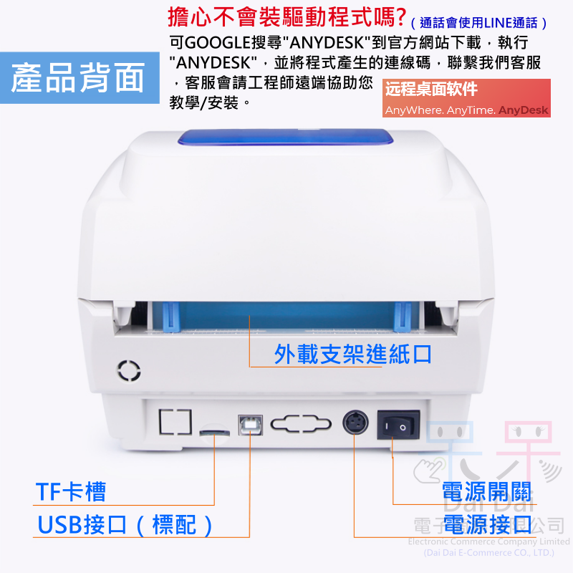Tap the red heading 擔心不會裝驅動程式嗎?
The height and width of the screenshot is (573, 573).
coord(286,15)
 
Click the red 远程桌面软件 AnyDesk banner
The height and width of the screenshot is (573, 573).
coord(466,99)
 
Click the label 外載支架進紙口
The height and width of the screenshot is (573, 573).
coord(352,354)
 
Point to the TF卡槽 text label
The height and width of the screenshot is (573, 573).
coord(71,492)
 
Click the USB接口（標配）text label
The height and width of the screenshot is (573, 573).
coord(126,525)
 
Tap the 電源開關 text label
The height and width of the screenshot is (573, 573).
coord(486,493)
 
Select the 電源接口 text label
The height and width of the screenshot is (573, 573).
coord(486,524)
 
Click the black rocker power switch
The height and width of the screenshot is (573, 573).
coord(398,427)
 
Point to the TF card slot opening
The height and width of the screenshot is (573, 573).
coord(213,433)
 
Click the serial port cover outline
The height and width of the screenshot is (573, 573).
coord(302,424)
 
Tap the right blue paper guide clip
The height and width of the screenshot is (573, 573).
coord(403,316)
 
